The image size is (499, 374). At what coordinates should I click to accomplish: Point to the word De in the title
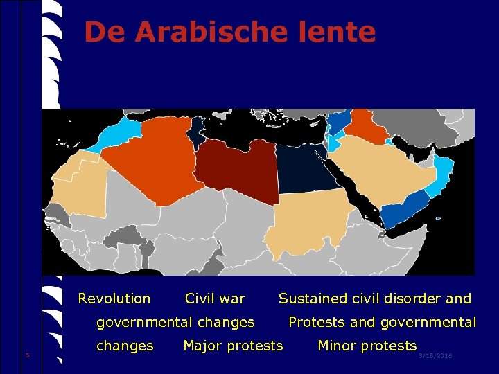coord(106,32)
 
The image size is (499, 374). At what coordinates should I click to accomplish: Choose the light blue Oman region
coord(444,177)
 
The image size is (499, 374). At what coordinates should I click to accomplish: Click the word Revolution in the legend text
coord(114,299)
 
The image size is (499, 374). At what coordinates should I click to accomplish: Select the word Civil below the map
coord(199,299)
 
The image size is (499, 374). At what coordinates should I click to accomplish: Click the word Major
coord(202,345)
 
